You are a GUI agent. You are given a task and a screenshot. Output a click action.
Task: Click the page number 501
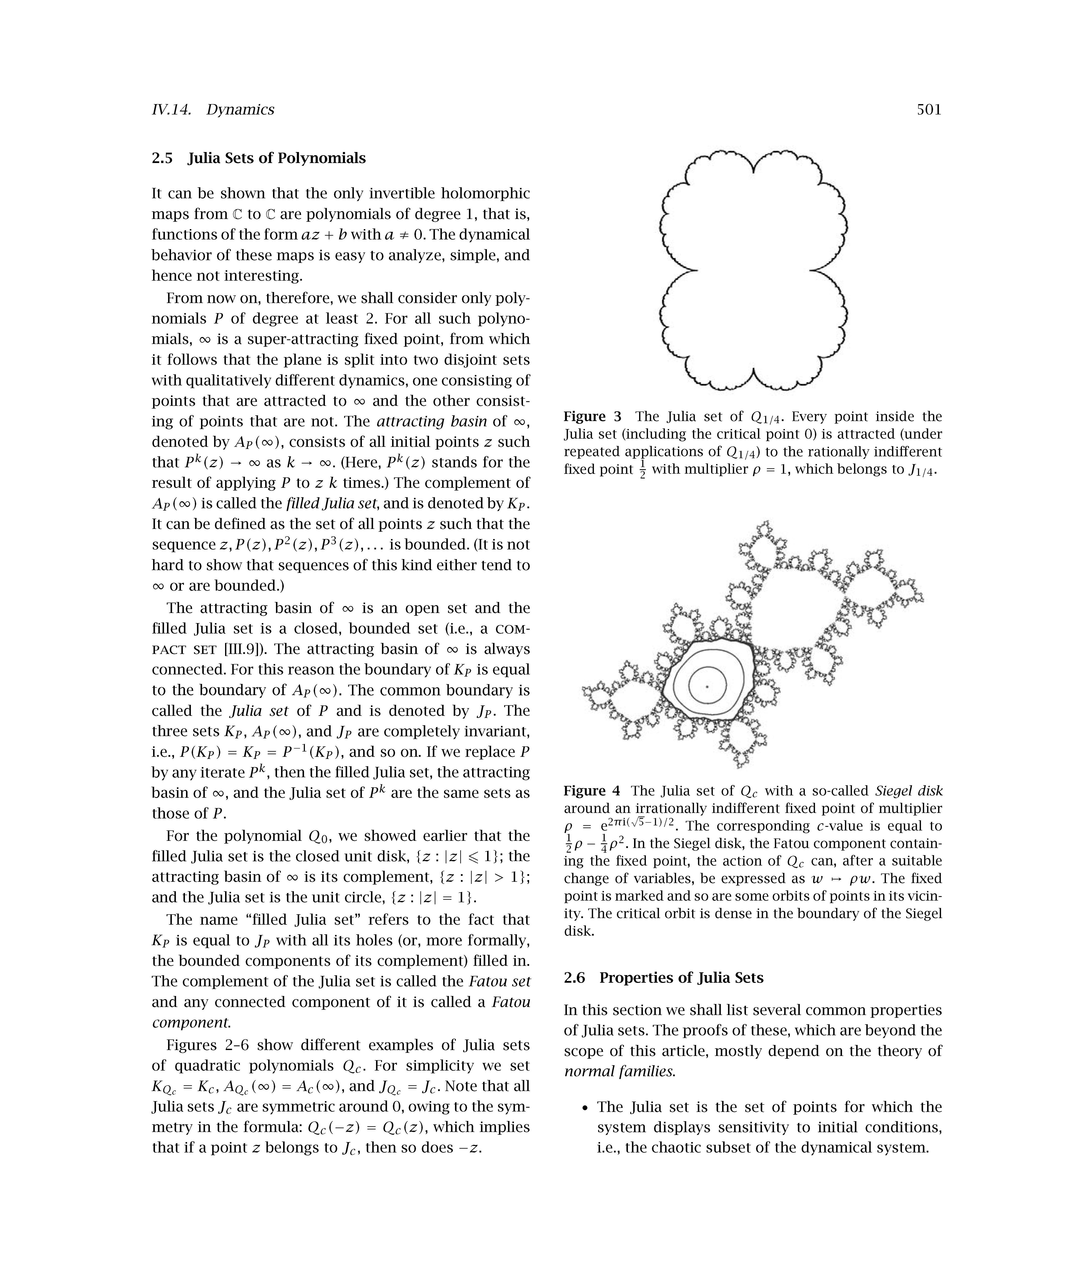click(x=929, y=110)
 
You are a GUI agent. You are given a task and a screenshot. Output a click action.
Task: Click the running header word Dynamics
click(x=240, y=110)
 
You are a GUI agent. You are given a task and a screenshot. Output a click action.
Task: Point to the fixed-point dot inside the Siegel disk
click(x=707, y=687)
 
